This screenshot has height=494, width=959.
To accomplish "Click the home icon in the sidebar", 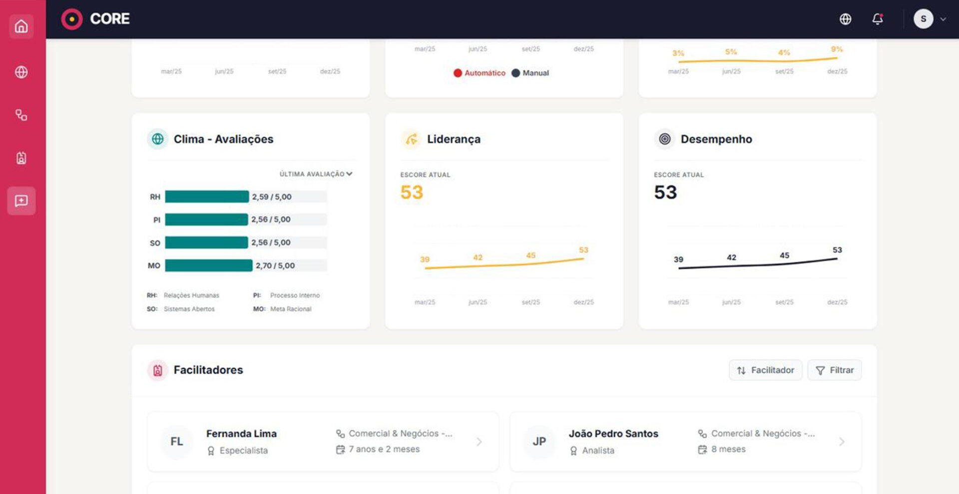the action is point(21,26).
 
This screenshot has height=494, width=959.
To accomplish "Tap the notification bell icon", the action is point(878,19).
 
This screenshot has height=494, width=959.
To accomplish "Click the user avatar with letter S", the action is point(923,19).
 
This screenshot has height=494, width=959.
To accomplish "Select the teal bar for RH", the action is point(207,197).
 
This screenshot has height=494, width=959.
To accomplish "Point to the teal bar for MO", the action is point(209,265).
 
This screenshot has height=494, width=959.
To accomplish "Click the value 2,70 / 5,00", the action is point(275,265).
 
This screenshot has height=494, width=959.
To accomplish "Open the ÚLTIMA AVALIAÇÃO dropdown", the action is point(316,174).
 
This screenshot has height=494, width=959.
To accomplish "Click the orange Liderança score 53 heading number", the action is point(412,192).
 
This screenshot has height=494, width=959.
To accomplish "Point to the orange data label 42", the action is point(478,257).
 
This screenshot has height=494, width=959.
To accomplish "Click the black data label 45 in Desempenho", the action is point(785,255).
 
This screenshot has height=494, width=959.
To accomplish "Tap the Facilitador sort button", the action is point(765,370).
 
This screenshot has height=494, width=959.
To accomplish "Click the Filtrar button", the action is point(835,370).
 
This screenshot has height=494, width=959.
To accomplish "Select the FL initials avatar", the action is point(177,442).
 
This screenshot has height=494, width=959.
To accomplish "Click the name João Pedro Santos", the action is point(613,434).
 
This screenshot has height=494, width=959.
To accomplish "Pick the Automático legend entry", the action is point(479,73).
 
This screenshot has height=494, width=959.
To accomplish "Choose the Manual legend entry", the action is point(530,73).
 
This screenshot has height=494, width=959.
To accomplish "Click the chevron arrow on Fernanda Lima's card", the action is point(479,442).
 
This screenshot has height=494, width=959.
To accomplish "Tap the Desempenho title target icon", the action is point(665,139).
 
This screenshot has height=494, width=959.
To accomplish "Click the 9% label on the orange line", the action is point(837,49).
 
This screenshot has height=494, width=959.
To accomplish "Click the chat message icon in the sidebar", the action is point(21,201).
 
